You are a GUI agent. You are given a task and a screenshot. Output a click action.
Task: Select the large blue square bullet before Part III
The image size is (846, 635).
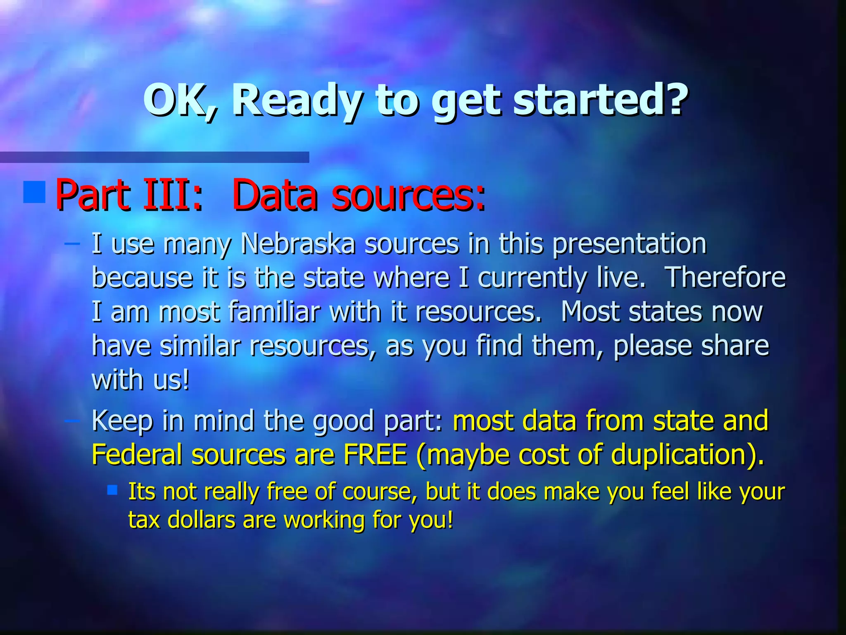pyautogui.click(x=34, y=192)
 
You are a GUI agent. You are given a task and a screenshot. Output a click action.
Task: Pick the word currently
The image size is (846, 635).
pyautogui.click(x=532, y=278)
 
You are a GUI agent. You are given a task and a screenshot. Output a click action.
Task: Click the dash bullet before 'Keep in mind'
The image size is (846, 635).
pyautogui.click(x=72, y=420)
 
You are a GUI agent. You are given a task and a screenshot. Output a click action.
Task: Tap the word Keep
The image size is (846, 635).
pyautogui.click(x=122, y=421)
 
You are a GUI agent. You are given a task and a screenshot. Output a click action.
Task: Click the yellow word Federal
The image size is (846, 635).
pyautogui.click(x=137, y=454)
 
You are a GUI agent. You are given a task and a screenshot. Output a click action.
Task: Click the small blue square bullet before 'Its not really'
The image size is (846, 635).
pyautogui.click(x=112, y=490)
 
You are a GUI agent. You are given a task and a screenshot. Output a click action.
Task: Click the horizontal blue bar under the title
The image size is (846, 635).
pyautogui.click(x=154, y=157)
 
